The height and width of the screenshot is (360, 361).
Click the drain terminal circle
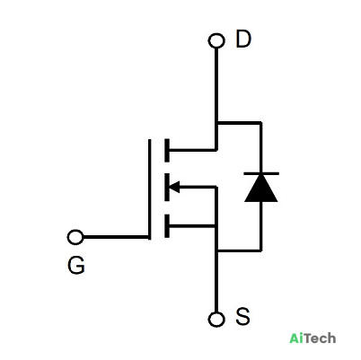(x=216, y=40)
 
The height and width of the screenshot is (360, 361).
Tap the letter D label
(x=243, y=39)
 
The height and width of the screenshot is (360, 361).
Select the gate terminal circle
(x=75, y=237)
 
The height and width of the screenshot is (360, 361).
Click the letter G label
(x=76, y=265)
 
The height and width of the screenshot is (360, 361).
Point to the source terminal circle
(x=216, y=319)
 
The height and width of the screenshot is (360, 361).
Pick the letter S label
(x=242, y=316)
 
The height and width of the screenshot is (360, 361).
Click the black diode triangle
(x=261, y=189)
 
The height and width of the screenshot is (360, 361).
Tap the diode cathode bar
(x=261, y=173)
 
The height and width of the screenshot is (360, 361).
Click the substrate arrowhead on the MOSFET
(x=174, y=188)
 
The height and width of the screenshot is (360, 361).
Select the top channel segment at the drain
(x=167, y=150)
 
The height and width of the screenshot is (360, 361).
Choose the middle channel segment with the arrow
(x=167, y=187)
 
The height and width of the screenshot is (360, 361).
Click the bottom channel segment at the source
(x=167, y=226)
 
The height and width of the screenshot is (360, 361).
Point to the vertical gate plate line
(x=149, y=189)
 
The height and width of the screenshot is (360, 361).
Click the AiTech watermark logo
(x=313, y=338)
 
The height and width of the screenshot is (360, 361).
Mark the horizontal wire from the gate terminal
(x=116, y=237)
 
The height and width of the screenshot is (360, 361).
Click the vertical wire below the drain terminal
(x=216, y=99)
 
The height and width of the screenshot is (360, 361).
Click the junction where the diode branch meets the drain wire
(x=216, y=123)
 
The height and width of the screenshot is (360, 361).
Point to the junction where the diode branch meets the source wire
(x=216, y=250)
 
